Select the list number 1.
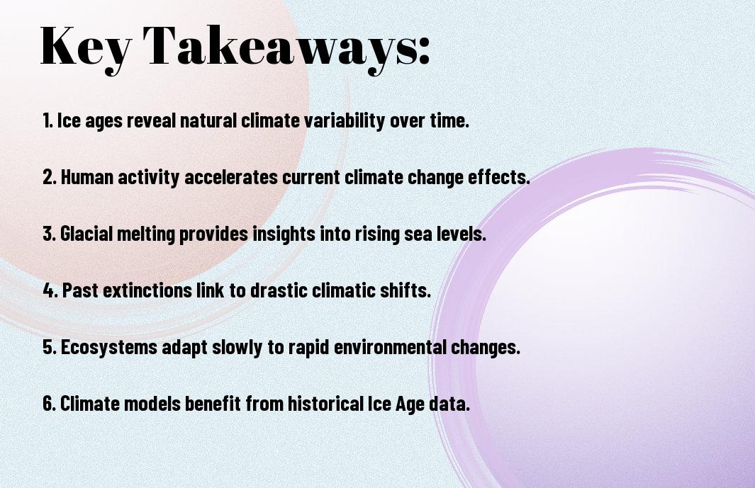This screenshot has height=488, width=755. (47, 120)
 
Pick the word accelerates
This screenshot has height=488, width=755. (231, 177)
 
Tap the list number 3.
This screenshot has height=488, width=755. (49, 234)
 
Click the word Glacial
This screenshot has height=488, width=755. (86, 234)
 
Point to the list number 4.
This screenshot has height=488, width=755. (50, 290)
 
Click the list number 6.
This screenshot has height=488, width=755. (49, 404)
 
